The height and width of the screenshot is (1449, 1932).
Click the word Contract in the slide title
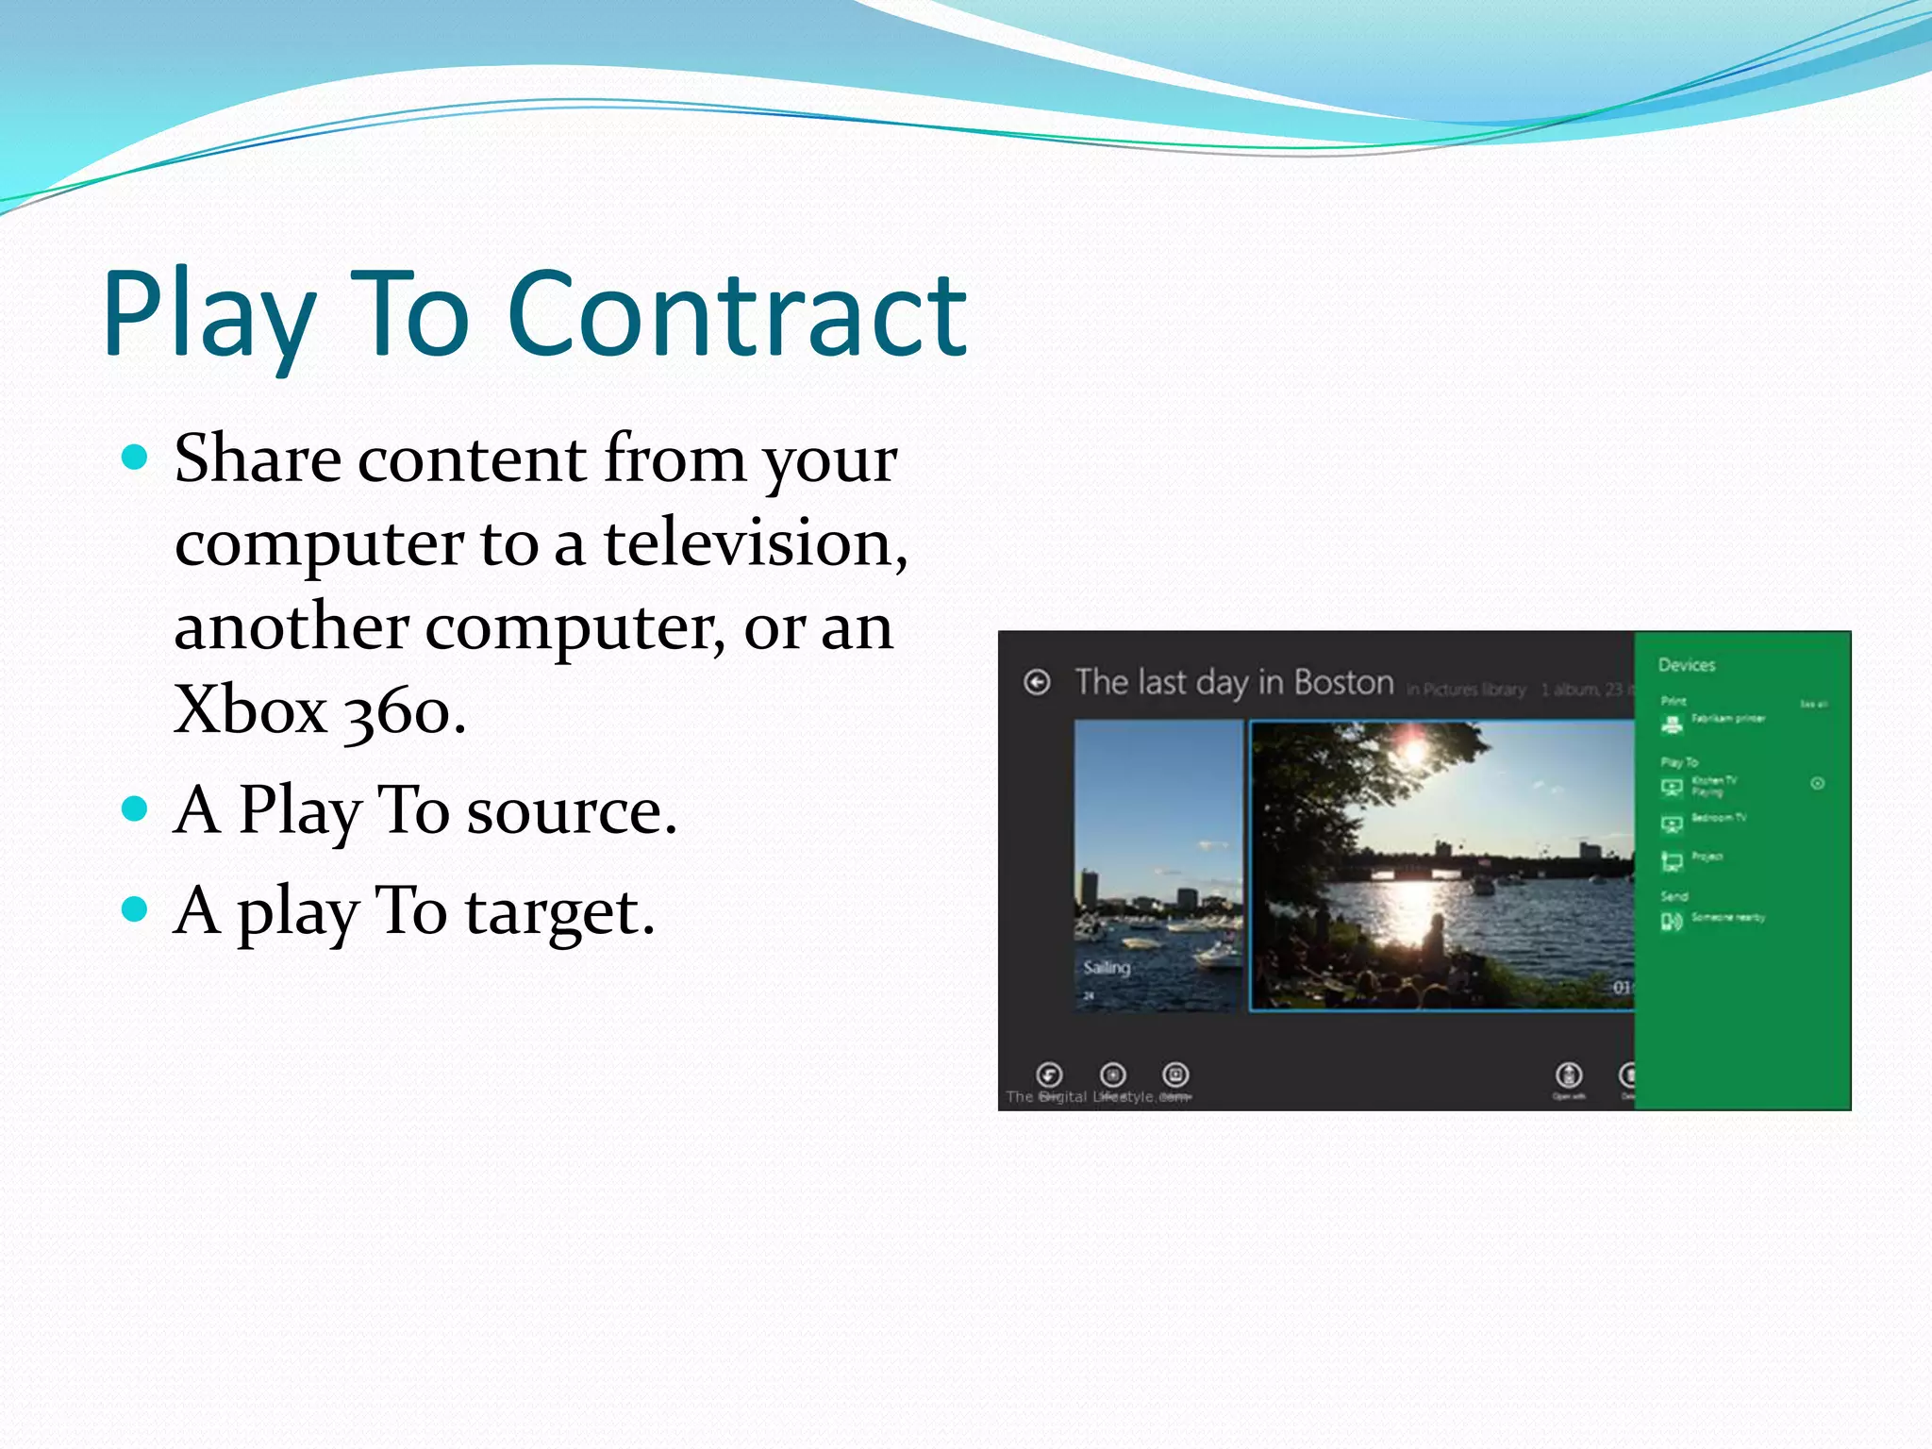point(737,315)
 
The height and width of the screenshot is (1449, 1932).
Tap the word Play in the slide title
point(209,315)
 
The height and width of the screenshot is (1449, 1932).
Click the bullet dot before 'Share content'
point(136,458)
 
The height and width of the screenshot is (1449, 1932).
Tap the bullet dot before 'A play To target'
point(136,908)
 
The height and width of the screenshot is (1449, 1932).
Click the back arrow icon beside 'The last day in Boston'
point(1037,682)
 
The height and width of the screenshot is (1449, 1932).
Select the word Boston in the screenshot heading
point(1343,682)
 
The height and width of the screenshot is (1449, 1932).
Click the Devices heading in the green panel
point(1686,665)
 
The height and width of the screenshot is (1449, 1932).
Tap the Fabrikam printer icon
point(1672,724)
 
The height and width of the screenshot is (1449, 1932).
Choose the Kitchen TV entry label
point(1714,781)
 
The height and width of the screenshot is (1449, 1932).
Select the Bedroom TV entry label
point(1718,818)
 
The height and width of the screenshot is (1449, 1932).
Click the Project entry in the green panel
point(1707,857)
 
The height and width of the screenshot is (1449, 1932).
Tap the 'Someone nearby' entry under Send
point(1727,917)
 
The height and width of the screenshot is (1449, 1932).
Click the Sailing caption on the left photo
point(1107,967)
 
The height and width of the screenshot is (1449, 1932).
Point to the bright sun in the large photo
point(1413,751)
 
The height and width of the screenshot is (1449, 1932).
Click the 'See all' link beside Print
point(1813,705)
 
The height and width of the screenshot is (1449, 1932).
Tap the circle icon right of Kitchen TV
point(1817,783)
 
